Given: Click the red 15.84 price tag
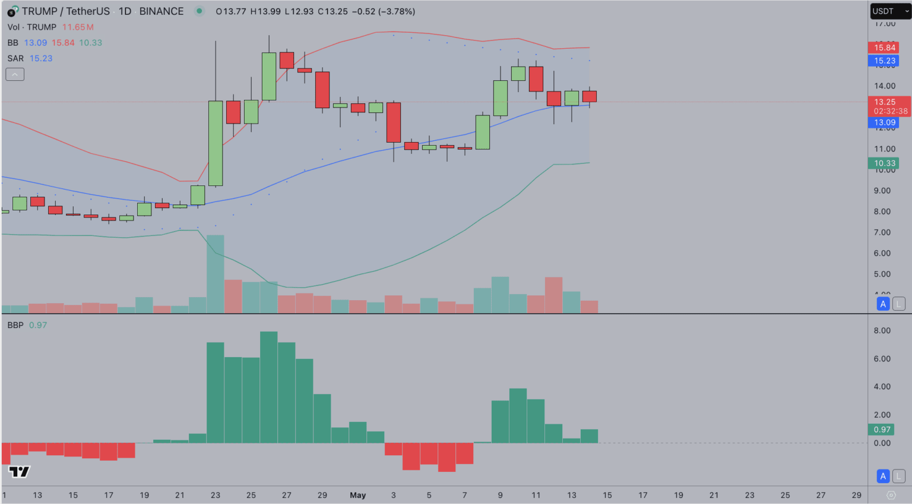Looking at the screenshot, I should tap(884, 48).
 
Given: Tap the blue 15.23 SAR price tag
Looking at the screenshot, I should tap(884, 61).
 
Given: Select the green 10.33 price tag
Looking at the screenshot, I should tap(884, 163).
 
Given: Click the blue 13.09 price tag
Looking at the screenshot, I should tap(884, 122).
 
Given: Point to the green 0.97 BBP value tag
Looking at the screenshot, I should tap(882, 429).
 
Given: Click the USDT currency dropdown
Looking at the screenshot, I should tap(890, 11).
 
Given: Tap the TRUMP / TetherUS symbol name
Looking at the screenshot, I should tap(65, 11).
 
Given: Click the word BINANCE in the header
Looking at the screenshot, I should tap(161, 11).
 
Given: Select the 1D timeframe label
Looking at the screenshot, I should tap(125, 11).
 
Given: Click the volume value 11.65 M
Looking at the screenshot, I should tap(78, 27).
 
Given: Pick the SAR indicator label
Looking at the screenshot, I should tap(15, 58).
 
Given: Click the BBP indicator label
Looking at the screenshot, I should tap(15, 325).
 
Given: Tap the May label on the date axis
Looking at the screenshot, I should tap(357, 495).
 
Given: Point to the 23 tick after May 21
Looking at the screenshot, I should tap(749, 495).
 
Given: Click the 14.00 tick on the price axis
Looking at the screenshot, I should tap(884, 86).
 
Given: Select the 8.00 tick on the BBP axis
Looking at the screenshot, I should tap(882, 330).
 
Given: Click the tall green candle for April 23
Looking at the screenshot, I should tap(216, 143).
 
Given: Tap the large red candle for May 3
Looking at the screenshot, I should tap(394, 122).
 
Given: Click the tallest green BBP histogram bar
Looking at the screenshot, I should tap(268, 386).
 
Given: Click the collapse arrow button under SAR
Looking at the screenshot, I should tap(15, 74).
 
